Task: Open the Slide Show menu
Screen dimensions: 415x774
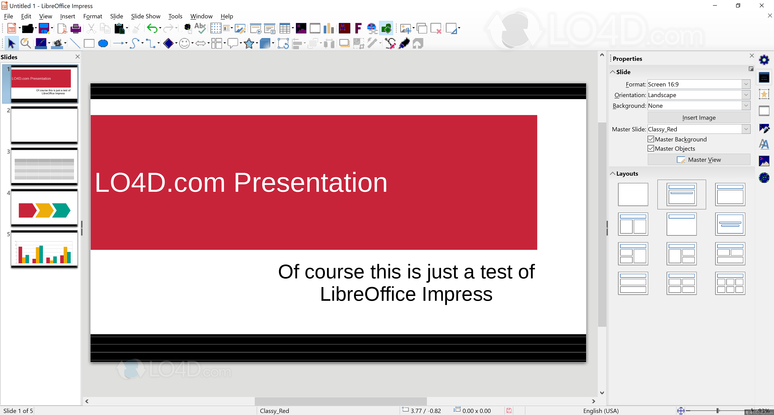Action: [145, 16]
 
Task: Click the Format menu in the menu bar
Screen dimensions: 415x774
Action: [93, 16]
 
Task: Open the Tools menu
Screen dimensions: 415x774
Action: [175, 16]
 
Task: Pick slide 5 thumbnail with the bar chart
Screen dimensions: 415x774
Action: [44, 249]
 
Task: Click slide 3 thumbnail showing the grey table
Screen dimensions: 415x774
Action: [44, 167]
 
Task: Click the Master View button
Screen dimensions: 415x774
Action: [699, 160]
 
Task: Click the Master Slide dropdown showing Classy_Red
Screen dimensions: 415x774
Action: [699, 129]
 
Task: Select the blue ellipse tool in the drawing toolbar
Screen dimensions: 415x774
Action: [103, 44]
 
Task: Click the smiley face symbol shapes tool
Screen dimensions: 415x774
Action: [184, 44]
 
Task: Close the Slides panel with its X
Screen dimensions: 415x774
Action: [78, 57]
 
